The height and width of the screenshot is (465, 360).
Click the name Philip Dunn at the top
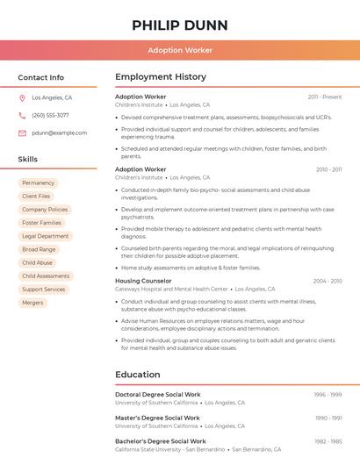tap(180, 25)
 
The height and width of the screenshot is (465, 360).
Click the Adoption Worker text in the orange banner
tap(180, 50)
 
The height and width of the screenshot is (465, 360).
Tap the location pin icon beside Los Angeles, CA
tap(22, 97)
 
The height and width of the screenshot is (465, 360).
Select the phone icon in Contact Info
tap(22, 115)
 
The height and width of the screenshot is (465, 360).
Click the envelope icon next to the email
tap(22, 132)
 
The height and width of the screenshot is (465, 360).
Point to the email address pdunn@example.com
tap(60, 132)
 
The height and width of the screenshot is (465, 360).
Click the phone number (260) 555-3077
tap(50, 115)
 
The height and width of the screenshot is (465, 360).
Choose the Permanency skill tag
tap(38, 182)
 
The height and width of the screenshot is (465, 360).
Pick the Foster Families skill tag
tap(41, 223)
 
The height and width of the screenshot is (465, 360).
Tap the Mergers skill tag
tap(32, 303)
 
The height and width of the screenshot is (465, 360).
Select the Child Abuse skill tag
tap(37, 262)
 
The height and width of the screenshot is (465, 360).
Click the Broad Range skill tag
tap(39, 249)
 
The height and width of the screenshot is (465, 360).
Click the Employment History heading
tap(161, 77)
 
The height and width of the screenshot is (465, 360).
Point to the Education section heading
tap(138, 375)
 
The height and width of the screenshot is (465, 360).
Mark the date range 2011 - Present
tap(325, 97)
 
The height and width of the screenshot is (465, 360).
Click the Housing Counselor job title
tap(143, 281)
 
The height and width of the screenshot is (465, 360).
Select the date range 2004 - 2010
tap(328, 281)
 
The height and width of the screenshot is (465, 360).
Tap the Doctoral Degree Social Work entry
tap(158, 395)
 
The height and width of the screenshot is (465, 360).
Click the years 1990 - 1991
tap(328, 418)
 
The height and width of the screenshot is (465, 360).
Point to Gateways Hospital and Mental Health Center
tap(171, 289)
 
